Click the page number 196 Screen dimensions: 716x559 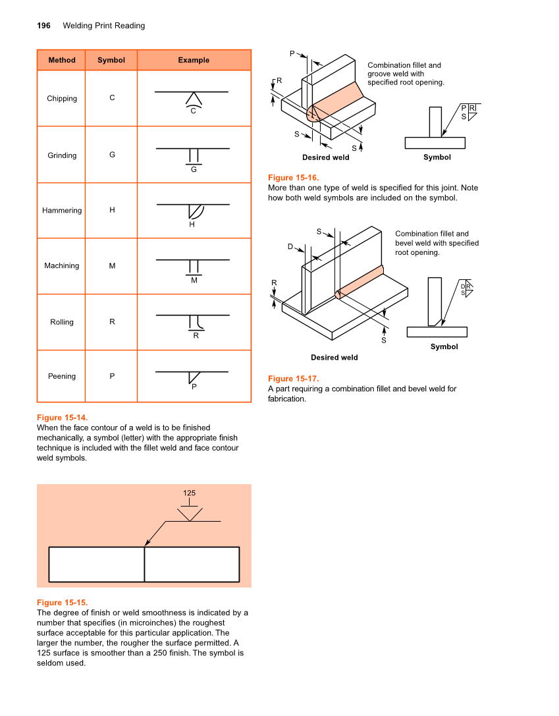tap(43, 26)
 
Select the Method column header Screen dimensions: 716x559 tap(62, 60)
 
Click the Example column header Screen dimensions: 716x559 tap(194, 60)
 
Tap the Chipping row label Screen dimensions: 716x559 tap(62, 99)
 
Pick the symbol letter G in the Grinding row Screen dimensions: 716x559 tap(112, 155)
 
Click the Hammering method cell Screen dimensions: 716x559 tap(62, 211)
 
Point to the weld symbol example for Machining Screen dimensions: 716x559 tap(193, 267)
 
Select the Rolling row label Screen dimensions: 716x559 tap(62, 322)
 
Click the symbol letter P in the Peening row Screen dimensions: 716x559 tap(112, 376)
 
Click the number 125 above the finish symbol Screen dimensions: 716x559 tap(189, 493)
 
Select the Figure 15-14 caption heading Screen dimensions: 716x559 tap(62, 418)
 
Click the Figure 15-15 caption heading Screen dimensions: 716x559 tap(62, 603)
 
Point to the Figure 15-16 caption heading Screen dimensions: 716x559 tap(293, 178)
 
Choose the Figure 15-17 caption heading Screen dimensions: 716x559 tap(293, 378)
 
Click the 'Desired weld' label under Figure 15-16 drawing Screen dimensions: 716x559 tap(326, 157)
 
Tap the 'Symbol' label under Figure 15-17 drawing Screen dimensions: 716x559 tap(444, 346)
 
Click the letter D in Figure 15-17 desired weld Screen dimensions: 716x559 tap(290, 246)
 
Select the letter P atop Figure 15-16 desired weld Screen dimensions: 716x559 tap(292, 53)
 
